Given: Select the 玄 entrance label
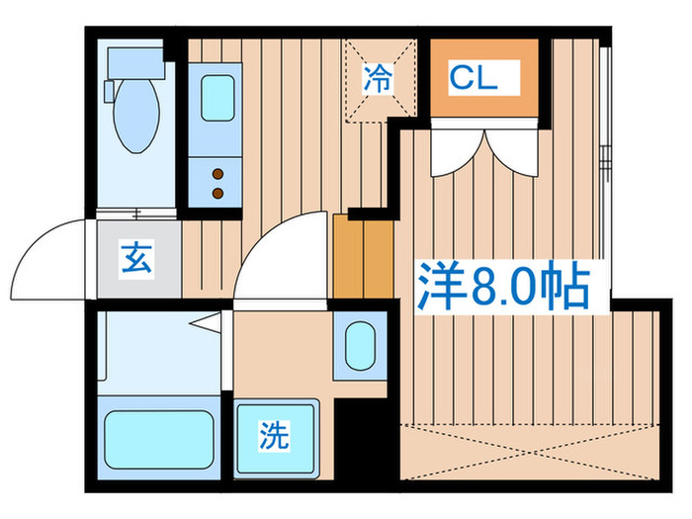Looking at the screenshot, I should coord(137,258).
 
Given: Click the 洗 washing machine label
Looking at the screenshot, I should coord(274,436).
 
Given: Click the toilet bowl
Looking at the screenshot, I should coord(133,119).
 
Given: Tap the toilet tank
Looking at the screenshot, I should coord(133,63).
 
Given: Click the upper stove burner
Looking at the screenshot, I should coord(217,173).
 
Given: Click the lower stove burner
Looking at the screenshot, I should coord(217,190).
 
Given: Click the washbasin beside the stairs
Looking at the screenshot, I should coord(359,343).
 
